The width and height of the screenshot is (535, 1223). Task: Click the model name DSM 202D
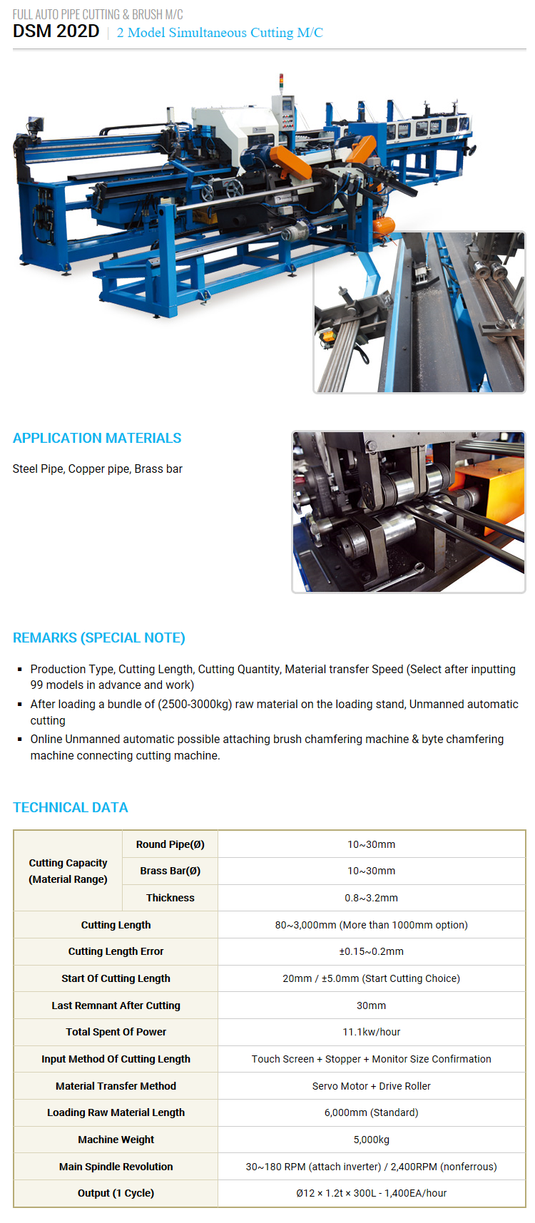tap(56, 31)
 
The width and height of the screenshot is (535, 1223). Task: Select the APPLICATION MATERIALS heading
tap(97, 438)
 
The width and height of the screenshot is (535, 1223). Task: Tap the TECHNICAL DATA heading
tap(71, 807)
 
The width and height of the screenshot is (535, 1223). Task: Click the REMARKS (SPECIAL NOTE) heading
tap(99, 638)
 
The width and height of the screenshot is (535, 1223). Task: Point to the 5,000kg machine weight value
tap(371, 1140)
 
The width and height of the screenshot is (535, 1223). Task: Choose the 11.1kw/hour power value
tap(371, 1032)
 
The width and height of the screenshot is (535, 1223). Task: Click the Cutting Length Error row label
tap(116, 951)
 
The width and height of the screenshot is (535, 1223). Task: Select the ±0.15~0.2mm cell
tap(371, 951)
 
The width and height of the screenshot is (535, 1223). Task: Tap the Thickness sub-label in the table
tap(170, 898)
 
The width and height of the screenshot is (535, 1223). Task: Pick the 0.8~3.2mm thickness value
tap(371, 898)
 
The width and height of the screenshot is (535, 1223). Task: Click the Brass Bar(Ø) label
tap(170, 871)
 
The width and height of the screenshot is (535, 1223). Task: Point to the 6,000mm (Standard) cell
tap(371, 1112)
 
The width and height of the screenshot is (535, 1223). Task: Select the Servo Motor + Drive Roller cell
tap(371, 1086)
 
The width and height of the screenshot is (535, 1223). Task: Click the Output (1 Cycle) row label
tap(116, 1193)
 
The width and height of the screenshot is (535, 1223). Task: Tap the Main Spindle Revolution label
tap(116, 1167)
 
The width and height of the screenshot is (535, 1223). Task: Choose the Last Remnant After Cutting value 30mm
tap(371, 1005)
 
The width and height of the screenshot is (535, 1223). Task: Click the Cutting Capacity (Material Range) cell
tap(68, 871)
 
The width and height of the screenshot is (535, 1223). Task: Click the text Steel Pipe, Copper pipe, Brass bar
tap(98, 469)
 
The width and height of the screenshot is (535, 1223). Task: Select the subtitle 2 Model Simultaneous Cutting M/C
tap(220, 33)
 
